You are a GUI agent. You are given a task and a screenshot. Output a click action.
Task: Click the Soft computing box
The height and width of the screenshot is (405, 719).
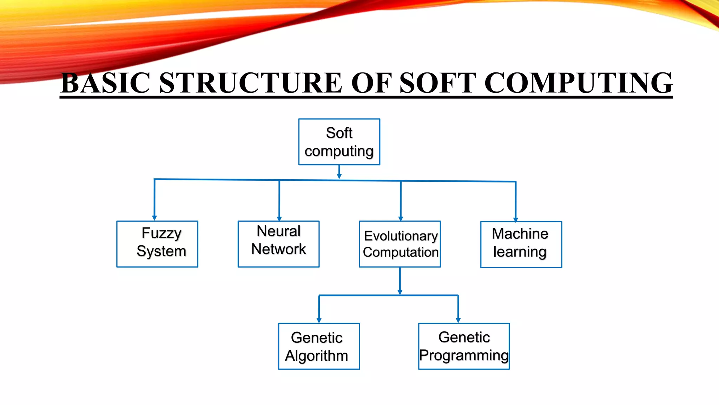(339, 142)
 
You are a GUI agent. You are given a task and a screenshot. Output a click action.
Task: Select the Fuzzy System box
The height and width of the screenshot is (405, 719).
(157, 244)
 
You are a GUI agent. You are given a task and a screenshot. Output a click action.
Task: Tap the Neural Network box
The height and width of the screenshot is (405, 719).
(278, 244)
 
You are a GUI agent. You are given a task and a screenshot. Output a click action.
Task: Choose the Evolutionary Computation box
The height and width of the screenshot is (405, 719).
(400, 244)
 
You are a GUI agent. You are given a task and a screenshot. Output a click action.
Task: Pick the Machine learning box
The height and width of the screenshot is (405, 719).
(521, 244)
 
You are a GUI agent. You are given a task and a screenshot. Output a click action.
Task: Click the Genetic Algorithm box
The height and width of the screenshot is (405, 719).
(319, 346)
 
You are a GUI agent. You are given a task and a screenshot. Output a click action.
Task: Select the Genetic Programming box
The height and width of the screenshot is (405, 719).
(464, 346)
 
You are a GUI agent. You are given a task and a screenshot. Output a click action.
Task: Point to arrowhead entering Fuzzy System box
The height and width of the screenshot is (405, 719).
(154, 218)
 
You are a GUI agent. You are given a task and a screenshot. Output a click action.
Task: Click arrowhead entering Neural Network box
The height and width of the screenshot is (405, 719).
(279, 218)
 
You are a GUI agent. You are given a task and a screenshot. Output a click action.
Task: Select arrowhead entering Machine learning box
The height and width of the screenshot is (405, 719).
(516, 219)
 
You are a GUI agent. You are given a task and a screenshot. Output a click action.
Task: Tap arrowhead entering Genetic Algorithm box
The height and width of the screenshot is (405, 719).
(319, 320)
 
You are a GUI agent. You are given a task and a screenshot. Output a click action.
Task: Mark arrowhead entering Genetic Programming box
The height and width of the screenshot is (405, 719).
(458, 320)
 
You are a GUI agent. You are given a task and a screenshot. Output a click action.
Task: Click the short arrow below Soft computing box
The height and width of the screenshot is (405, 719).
(339, 172)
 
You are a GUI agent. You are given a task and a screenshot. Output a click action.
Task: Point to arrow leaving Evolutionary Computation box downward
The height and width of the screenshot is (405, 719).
(400, 281)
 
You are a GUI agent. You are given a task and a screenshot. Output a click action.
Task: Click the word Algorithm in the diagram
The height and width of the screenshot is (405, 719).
(316, 356)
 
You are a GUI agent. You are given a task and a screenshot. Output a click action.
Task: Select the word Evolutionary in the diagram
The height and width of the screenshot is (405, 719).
(401, 236)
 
